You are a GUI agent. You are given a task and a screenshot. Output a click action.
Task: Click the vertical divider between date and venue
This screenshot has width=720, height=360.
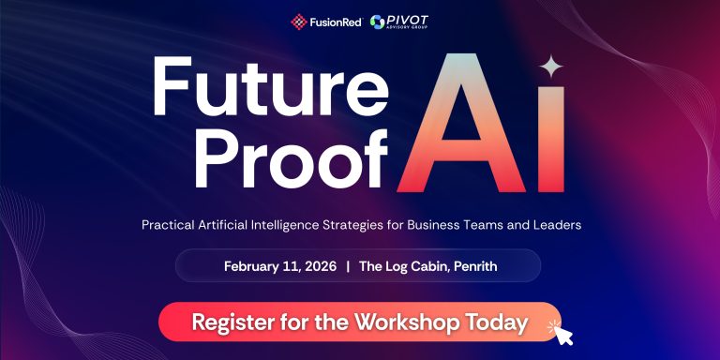tap(348, 266)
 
